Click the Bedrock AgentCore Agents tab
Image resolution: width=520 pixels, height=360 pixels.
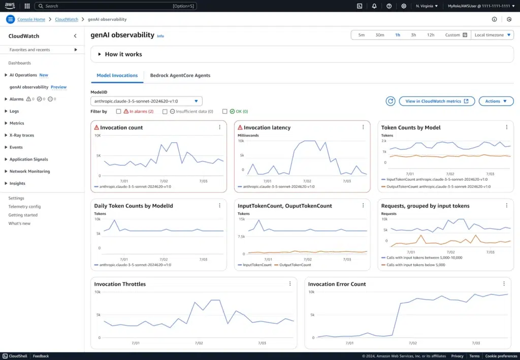(180, 75)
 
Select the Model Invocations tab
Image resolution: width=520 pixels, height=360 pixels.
(117, 75)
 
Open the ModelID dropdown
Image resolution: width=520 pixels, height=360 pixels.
(146, 101)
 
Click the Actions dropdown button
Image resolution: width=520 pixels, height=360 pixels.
(496, 101)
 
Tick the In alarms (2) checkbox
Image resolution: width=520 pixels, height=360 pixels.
(118, 111)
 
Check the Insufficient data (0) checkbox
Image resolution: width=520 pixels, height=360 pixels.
(165, 111)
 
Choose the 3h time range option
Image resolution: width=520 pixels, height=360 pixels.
(413, 35)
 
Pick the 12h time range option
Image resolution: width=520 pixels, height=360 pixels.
(431, 35)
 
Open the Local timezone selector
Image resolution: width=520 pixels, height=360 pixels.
(492, 35)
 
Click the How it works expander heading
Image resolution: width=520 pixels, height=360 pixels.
(123, 54)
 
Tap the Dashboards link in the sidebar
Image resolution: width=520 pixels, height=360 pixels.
(20, 63)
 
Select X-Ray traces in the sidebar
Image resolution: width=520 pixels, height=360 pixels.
(22, 135)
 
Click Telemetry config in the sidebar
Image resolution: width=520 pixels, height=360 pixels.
(24, 207)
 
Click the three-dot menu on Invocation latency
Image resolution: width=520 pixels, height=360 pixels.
(363, 127)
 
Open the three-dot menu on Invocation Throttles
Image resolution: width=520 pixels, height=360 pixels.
(290, 284)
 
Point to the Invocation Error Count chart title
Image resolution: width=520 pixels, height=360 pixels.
(337, 284)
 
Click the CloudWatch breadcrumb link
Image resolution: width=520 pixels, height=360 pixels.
(67, 19)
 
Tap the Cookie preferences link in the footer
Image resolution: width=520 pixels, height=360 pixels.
(501, 356)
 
